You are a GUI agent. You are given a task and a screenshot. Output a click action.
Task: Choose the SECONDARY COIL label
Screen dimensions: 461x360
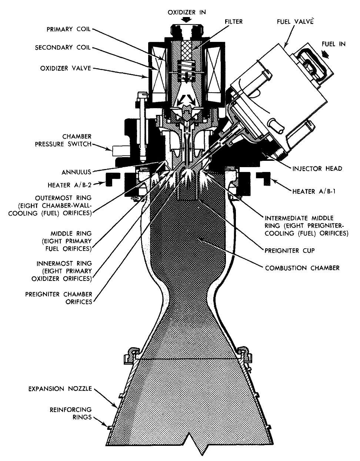(x=62, y=48)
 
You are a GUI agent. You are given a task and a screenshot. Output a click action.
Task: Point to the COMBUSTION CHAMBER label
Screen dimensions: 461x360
(x=302, y=268)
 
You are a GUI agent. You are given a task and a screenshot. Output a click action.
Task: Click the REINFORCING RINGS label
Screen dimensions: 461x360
(x=70, y=414)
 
